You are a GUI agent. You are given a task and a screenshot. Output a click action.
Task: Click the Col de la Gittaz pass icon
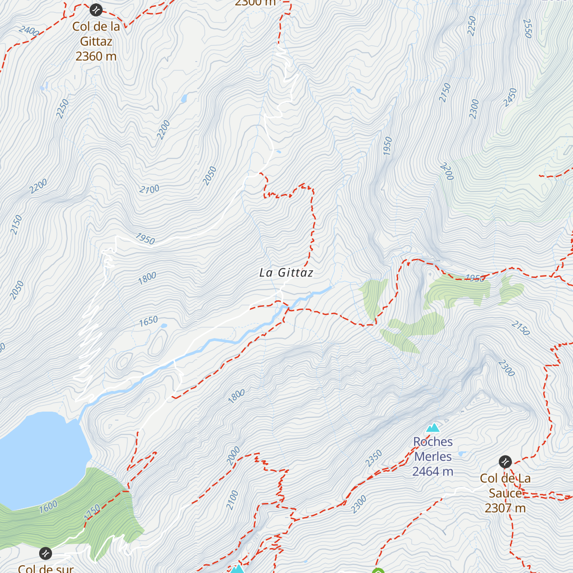(95, 9)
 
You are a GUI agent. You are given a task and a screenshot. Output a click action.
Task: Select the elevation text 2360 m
(96, 56)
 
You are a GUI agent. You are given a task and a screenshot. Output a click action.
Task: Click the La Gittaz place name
(286, 273)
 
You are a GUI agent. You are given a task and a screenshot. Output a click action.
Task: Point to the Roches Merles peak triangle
(433, 427)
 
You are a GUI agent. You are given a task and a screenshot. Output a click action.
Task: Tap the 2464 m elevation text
(433, 472)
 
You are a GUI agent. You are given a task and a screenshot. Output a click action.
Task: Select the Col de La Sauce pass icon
(505, 462)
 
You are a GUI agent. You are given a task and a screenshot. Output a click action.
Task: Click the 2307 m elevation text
(505, 508)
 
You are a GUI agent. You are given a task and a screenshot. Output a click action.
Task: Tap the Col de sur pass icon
(45, 553)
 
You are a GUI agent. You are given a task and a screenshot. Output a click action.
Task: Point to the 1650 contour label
(149, 321)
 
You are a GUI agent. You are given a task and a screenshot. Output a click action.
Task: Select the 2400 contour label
(29, 31)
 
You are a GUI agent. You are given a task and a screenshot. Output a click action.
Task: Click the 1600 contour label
(48, 506)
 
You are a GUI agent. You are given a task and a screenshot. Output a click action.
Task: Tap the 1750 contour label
(92, 511)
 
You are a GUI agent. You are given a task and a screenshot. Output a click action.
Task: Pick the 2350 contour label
(374, 458)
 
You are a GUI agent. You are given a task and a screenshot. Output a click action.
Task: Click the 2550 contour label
(528, 28)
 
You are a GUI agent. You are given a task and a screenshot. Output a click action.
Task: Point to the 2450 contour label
(510, 97)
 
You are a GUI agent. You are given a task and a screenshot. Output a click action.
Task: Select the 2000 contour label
(233, 456)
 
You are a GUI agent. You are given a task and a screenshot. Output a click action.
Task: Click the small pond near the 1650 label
(164, 326)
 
